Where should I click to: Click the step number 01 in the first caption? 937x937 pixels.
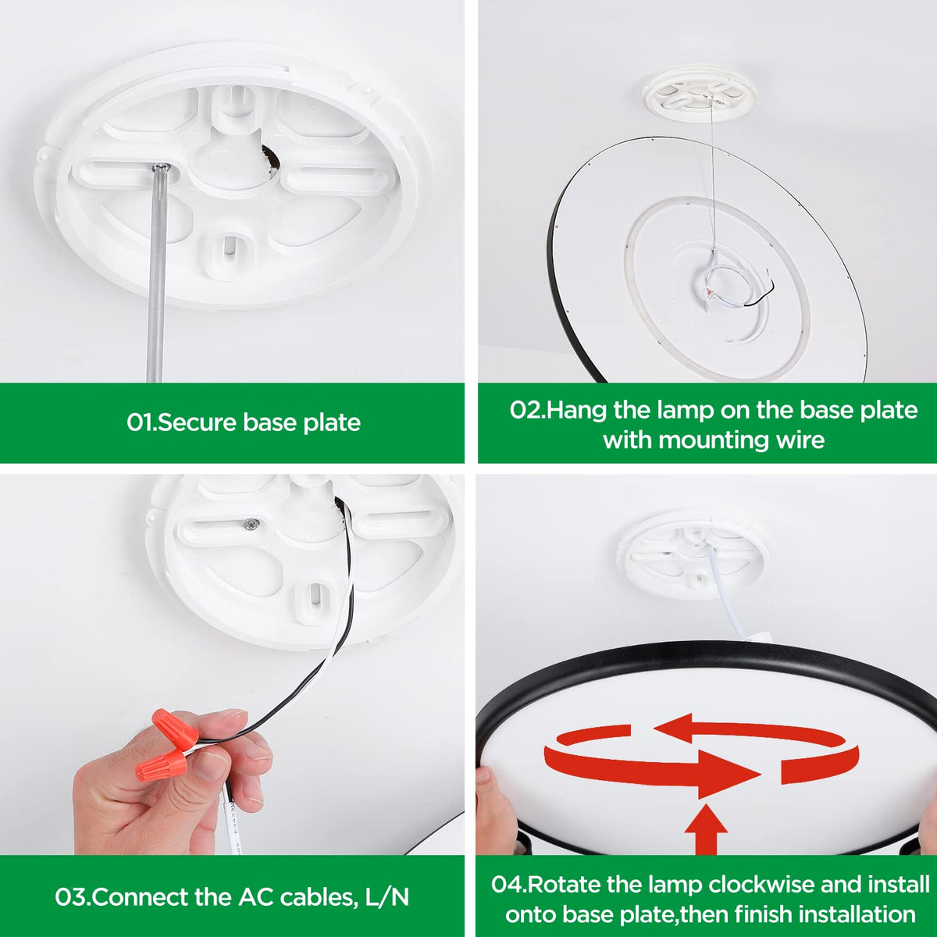coord(141,422)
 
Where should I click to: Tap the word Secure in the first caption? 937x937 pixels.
coord(197,422)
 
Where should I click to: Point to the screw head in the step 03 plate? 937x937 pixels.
coord(251,525)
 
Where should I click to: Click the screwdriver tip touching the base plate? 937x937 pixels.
coord(161,169)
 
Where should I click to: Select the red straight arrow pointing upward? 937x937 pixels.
coord(706,829)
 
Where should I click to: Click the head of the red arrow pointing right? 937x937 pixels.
coord(729,774)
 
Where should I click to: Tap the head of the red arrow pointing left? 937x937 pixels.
coord(673,728)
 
